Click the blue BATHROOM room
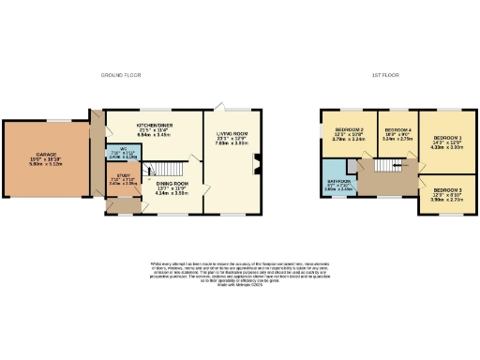(x=338, y=185)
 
